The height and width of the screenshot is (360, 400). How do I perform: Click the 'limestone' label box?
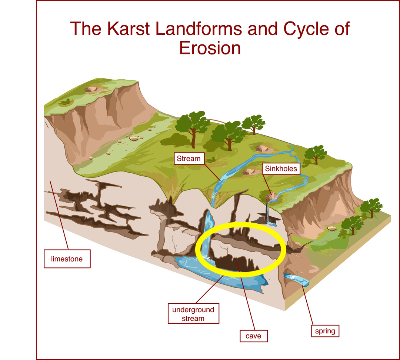(x=67, y=259)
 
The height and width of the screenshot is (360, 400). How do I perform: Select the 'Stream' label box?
(x=189, y=159)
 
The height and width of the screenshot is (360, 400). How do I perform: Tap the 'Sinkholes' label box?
(x=281, y=169)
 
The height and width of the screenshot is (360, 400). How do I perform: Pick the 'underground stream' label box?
(x=193, y=314)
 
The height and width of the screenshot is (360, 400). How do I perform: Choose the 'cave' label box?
(x=254, y=336)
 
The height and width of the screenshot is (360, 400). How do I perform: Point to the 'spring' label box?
(x=325, y=331)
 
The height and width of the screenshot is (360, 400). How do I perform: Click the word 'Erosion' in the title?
(x=210, y=48)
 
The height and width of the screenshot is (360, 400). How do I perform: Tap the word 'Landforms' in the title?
(x=199, y=29)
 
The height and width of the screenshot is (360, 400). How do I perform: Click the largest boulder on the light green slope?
(x=133, y=138)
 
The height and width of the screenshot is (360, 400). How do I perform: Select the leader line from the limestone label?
(x=59, y=215)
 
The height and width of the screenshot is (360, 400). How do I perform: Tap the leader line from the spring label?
(x=307, y=305)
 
